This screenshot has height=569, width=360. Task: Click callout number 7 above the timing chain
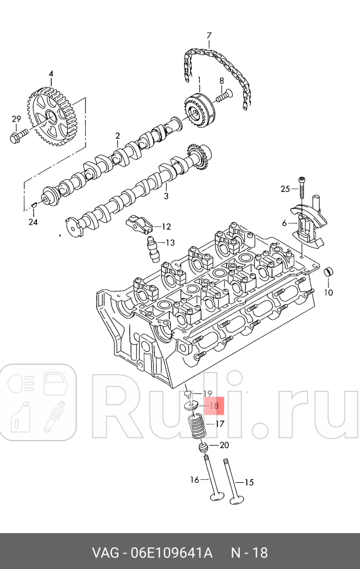208,36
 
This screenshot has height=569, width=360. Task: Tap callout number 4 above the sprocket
51,74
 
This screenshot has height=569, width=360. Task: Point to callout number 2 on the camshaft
117,136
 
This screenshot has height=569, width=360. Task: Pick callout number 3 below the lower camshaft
165,196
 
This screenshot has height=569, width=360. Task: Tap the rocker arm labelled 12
138,223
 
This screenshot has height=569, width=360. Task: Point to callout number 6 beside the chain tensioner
284,223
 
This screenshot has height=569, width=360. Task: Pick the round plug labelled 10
330,273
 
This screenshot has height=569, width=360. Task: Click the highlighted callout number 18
213,405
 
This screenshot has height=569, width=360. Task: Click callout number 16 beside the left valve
195,480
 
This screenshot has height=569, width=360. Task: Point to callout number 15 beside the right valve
249,483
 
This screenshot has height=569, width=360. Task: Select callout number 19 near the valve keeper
207,393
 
